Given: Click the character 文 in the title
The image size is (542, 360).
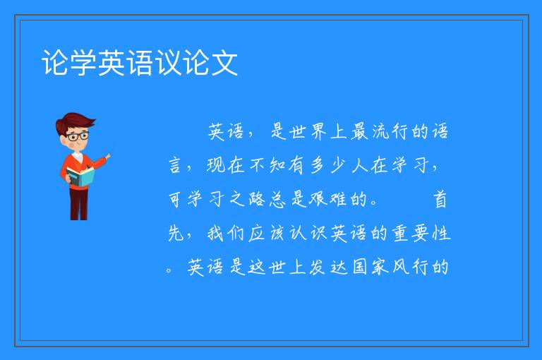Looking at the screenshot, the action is pos(224,63).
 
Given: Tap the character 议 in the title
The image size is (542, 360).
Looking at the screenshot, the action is pos(169,63).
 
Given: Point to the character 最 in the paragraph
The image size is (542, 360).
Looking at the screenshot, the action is pos(359,131).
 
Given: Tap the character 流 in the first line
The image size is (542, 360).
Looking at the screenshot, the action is pos(380,131).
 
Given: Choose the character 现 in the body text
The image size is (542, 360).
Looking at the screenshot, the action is pos(216,165).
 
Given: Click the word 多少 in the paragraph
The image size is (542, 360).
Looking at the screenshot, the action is pos(328,165).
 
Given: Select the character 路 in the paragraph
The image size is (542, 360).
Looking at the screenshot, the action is pos(257,199).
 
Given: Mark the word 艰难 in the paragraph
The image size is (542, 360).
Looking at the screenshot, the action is pos(327,199).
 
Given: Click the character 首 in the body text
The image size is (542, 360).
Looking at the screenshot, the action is pos(440,199).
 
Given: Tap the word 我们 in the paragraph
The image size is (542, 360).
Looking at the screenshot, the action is pos(226,233).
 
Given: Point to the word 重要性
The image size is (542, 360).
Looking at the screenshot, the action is pos(421,233).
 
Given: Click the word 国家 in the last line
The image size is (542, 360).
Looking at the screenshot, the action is pos(371,267).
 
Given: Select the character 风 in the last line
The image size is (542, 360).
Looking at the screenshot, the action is pos(400,267).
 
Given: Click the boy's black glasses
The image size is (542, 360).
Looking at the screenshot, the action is pos(78,136).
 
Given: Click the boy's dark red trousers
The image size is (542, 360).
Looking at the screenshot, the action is pos(78,204).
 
